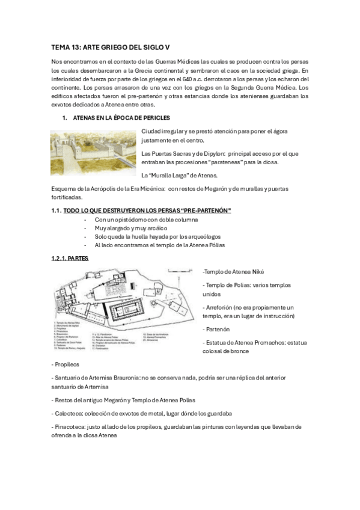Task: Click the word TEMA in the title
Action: point(61,48)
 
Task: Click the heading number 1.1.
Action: point(57,209)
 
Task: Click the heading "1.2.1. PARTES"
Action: point(70,258)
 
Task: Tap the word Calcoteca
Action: point(69,413)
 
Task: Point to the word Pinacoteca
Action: point(72,426)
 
